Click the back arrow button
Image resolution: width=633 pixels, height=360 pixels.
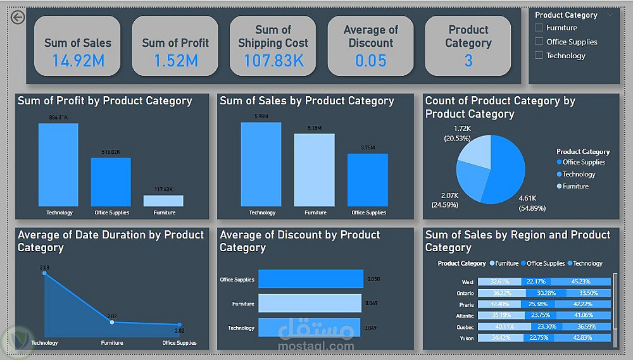pyautogui.click(x=18, y=17)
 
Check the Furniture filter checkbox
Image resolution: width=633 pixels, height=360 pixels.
pyautogui.click(x=539, y=28)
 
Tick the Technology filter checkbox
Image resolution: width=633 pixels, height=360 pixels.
pyautogui.click(x=539, y=56)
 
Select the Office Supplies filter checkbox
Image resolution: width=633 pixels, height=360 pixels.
pyautogui.click(x=539, y=42)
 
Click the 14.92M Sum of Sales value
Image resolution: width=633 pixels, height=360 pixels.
pyautogui.click(x=78, y=61)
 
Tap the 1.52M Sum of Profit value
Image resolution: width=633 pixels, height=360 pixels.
pyautogui.click(x=175, y=61)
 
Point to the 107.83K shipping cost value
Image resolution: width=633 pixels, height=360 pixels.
pyautogui.click(x=273, y=61)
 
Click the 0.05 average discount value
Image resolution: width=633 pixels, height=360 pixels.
pyautogui.click(x=370, y=61)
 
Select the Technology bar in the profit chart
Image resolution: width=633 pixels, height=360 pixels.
pyautogui.click(x=58, y=164)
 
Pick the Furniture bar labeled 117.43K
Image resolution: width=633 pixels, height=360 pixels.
pyautogui.click(x=163, y=201)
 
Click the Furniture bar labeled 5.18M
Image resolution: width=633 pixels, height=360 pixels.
pyautogui.click(x=314, y=170)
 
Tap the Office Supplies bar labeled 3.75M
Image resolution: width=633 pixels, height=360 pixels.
pyautogui.click(x=367, y=180)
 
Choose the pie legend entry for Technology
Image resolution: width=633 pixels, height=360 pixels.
pyautogui.click(x=579, y=175)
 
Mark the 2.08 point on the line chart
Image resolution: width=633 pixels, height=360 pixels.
pyautogui.click(x=44, y=273)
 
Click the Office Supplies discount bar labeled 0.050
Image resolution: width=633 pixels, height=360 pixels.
pyautogui.click(x=310, y=279)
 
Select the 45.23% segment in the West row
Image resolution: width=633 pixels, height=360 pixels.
pyautogui.click(x=589, y=282)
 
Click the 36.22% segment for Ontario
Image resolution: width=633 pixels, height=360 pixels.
pyautogui.click(x=502, y=293)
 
